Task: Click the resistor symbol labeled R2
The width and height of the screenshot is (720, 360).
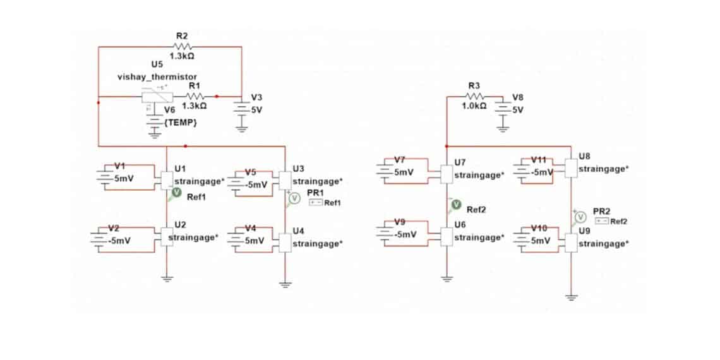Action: click(x=183, y=46)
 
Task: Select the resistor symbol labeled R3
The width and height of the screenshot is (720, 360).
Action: click(x=476, y=97)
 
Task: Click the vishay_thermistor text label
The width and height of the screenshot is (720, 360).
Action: click(x=157, y=76)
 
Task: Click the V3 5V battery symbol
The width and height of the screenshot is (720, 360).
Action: click(x=241, y=107)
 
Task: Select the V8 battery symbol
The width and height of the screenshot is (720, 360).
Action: click(x=502, y=107)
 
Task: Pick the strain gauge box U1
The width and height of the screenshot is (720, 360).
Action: click(x=167, y=179)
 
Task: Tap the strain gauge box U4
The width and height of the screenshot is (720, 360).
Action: click(x=285, y=243)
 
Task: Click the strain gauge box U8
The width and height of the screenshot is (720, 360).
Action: click(x=571, y=168)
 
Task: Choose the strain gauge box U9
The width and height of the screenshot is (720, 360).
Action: click(x=571, y=243)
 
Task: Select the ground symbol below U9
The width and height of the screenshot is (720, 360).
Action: click(x=571, y=297)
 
